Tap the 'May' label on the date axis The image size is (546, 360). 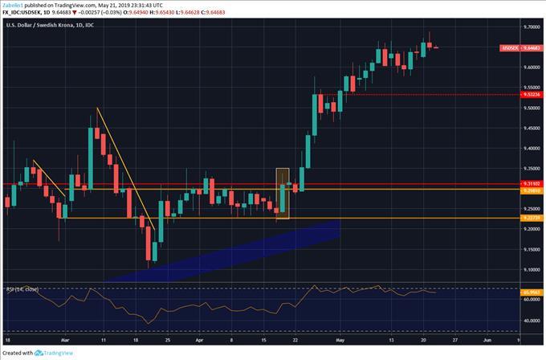pyautogui.click(x=340, y=341)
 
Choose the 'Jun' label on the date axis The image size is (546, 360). pyautogui.click(x=487, y=341)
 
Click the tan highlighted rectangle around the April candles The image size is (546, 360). pyautogui.click(x=282, y=193)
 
